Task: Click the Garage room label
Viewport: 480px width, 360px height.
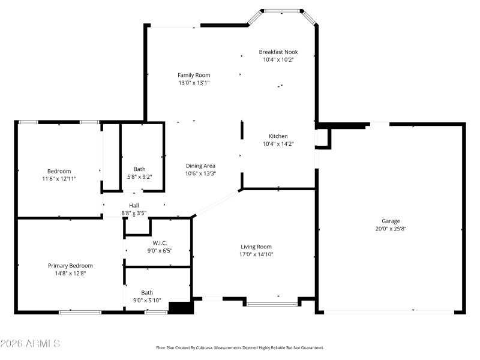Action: coord(391,221)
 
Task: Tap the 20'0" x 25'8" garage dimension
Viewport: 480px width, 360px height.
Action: coord(391,229)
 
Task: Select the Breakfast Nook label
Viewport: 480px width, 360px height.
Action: coord(278,52)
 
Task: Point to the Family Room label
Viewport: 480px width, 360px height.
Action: coord(194,75)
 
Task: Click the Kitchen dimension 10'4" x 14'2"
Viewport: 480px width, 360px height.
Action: coord(278,144)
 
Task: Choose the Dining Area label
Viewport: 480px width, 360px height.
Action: coord(200,166)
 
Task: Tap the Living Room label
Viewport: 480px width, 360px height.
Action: coord(256,247)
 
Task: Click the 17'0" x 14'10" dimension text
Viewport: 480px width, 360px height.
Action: coord(256,254)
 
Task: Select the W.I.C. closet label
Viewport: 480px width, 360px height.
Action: coord(151,243)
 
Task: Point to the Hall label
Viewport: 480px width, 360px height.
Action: coord(134,205)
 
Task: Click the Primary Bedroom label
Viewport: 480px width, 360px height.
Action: coord(70,265)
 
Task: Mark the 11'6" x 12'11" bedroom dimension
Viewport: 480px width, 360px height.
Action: coord(59,179)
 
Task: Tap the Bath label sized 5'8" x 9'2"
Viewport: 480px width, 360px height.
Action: coord(139,169)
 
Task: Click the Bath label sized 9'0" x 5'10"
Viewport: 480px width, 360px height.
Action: coord(147,293)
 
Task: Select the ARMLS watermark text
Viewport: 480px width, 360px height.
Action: coord(30,344)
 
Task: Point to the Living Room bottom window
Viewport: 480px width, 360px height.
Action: coord(272,304)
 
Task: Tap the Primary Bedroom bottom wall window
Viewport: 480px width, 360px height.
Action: coord(80,312)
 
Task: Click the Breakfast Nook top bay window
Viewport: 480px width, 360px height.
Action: coord(283,10)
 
